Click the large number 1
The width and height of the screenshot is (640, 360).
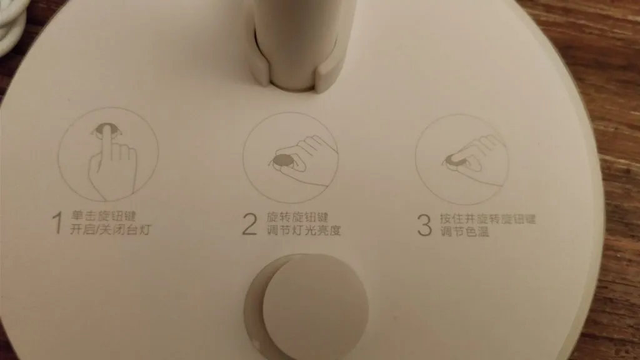pyautogui.click(x=58, y=223)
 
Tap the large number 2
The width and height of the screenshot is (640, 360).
pyautogui.click(x=250, y=224)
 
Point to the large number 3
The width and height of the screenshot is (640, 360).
pyautogui.click(x=424, y=225)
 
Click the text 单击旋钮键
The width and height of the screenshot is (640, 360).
pyautogui.click(x=103, y=216)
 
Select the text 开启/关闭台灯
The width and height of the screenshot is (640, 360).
pyautogui.click(x=111, y=230)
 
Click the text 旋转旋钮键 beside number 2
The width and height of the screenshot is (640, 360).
pyautogui.click(x=297, y=217)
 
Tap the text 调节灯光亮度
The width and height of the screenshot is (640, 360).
pyautogui.click(x=303, y=230)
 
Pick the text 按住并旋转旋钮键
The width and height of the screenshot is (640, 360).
pyautogui.click(x=487, y=219)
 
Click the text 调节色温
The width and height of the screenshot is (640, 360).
pyautogui.click(x=464, y=232)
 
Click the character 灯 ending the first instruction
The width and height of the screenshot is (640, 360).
pyautogui.click(x=144, y=230)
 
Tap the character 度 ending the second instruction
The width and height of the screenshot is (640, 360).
pyautogui.click(x=334, y=231)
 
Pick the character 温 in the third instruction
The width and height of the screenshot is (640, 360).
pyautogui.click(x=483, y=232)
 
